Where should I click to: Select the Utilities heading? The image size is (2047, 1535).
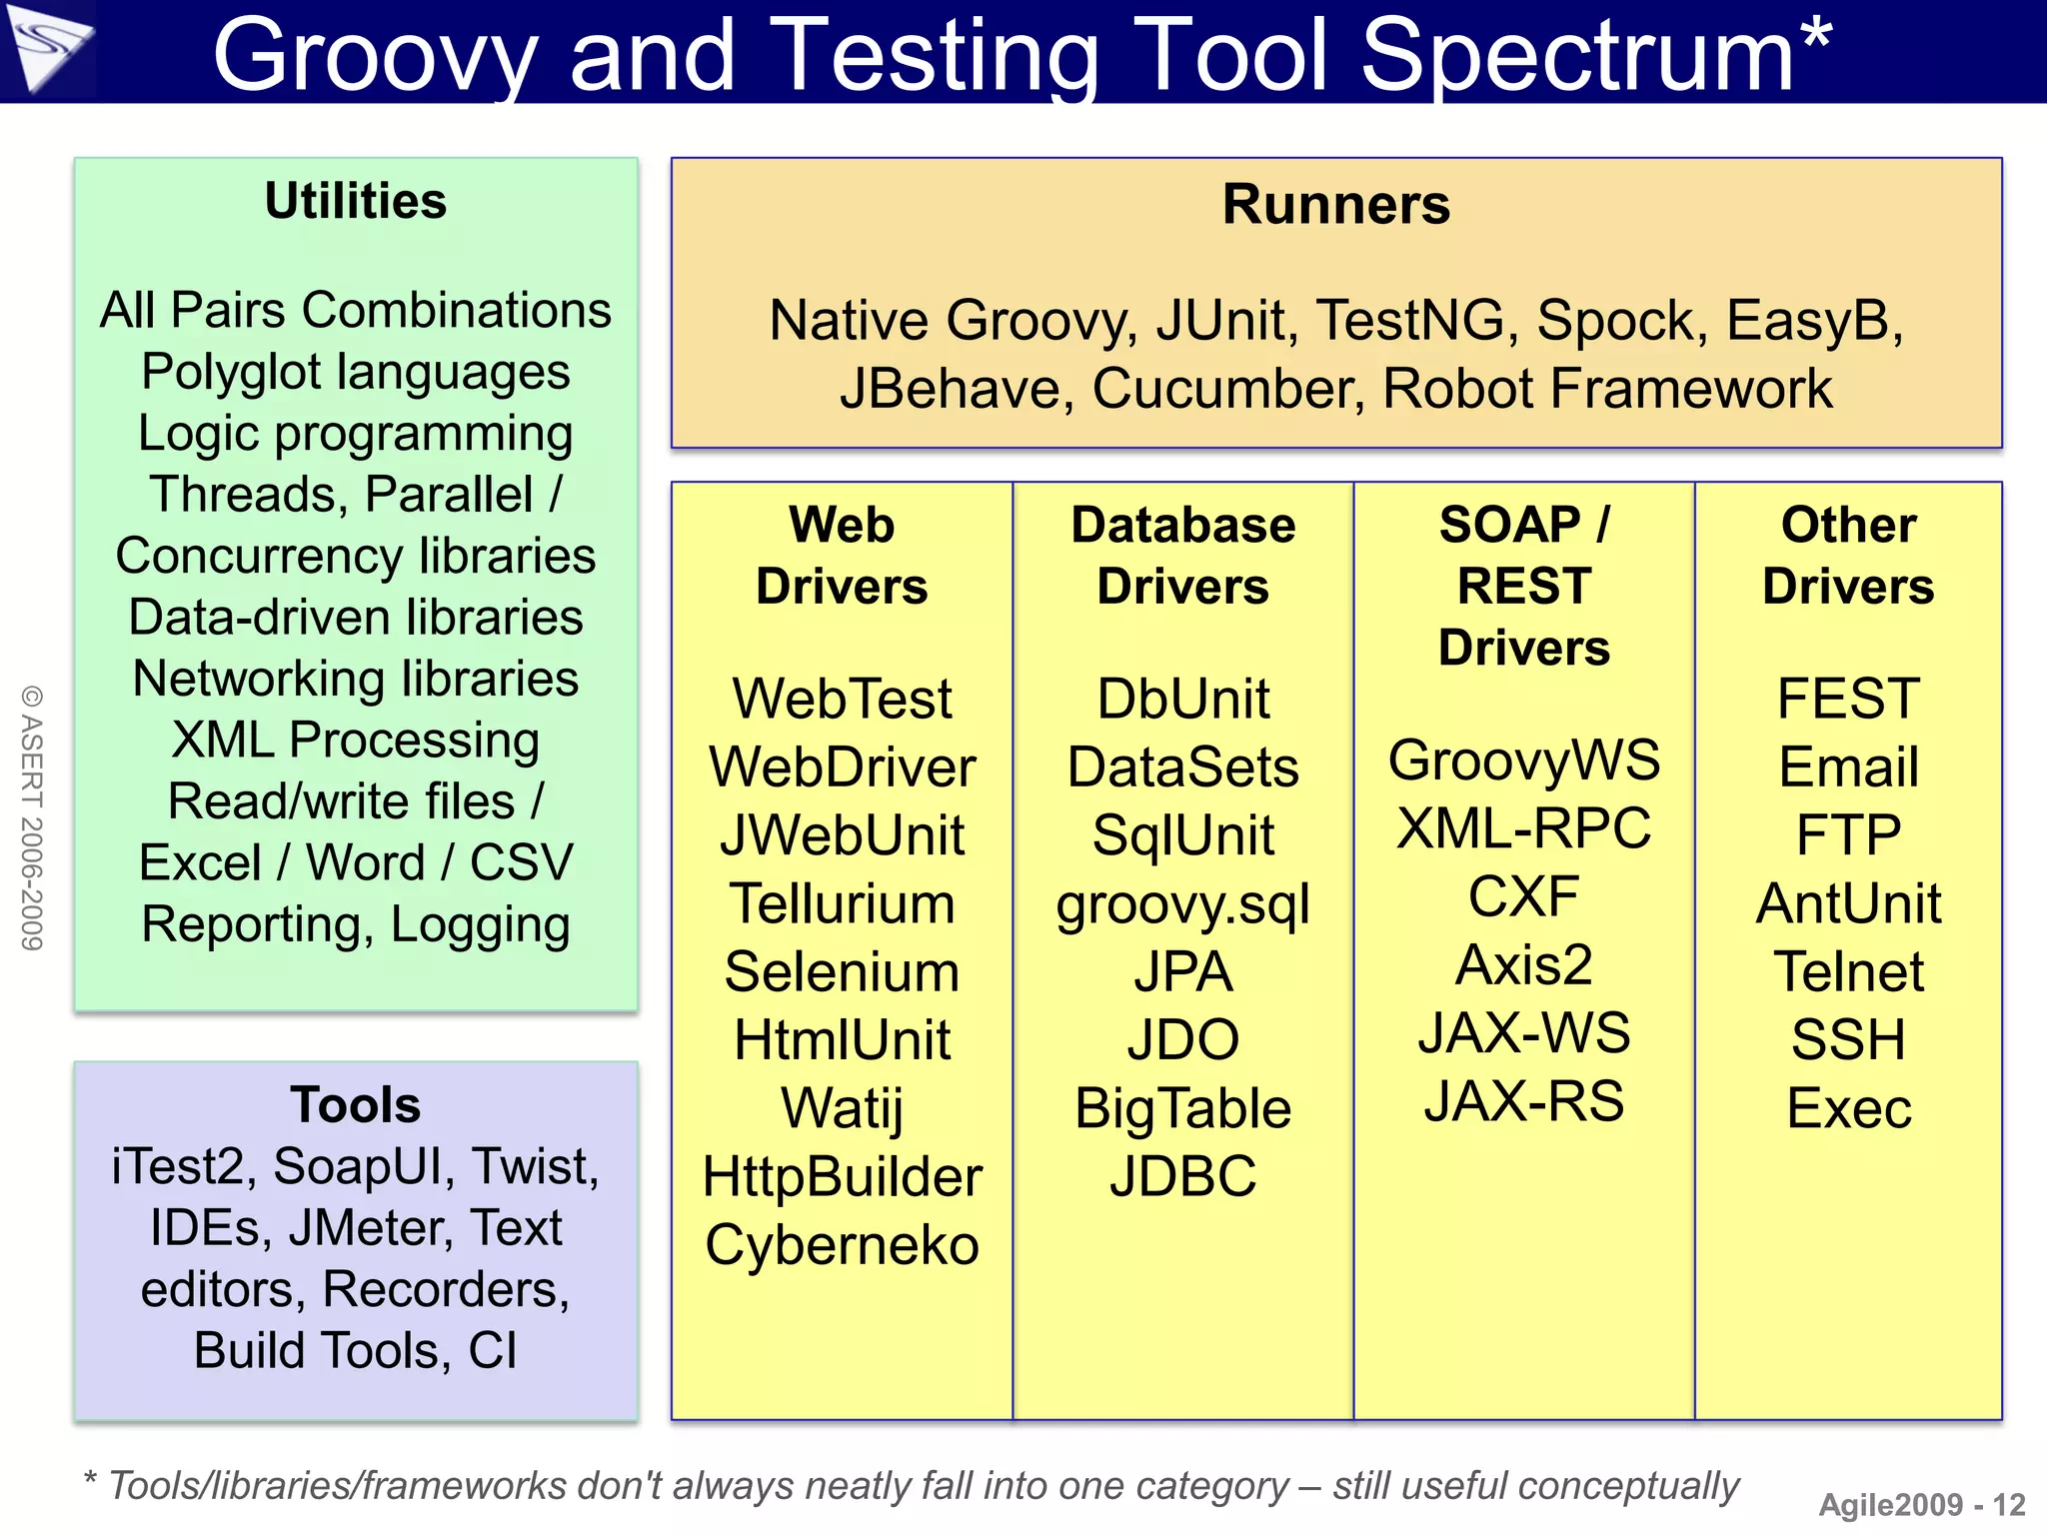pyautogui.click(x=356, y=202)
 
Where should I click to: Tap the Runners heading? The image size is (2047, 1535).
pyautogui.click(x=1335, y=205)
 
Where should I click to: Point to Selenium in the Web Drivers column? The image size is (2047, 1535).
pyautogui.click(x=842, y=972)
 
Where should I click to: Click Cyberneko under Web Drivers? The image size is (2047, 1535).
pyautogui.click(x=842, y=1245)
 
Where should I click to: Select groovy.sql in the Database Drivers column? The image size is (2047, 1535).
pyautogui.click(x=1182, y=905)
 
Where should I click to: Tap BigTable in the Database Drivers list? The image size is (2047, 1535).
pyautogui.click(x=1182, y=1109)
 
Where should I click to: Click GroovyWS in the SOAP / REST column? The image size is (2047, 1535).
pyautogui.click(x=1523, y=761)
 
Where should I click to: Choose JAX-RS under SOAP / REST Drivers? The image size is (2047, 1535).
pyautogui.click(x=1523, y=1101)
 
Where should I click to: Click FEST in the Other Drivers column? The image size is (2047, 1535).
pyautogui.click(x=1848, y=699)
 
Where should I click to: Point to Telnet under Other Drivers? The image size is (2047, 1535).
pyautogui.click(x=1848, y=972)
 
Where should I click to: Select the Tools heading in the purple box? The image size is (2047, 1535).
pyautogui.click(x=356, y=1105)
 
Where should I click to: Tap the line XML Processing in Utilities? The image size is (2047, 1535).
pyautogui.click(x=356, y=741)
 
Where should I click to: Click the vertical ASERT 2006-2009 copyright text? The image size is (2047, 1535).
pyautogui.click(x=32, y=817)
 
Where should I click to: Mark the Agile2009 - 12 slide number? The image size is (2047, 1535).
pyautogui.click(x=1921, y=1505)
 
